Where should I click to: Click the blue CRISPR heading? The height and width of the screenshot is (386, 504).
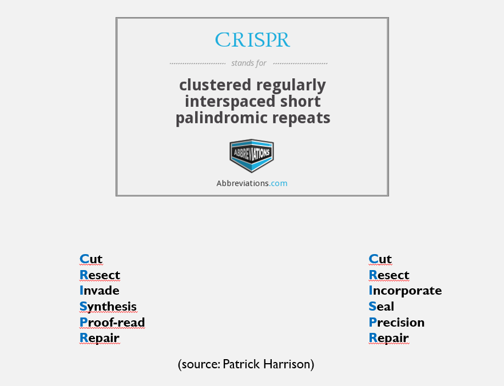tap(252, 40)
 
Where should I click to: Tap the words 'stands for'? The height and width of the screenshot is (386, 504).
tap(249, 63)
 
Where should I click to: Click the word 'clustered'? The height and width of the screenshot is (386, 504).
tap(215, 85)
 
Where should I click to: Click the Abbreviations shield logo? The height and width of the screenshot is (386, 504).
tap(252, 155)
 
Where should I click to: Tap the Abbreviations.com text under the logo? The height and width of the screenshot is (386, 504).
tap(252, 183)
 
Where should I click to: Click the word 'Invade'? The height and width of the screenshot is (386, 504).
tap(100, 291)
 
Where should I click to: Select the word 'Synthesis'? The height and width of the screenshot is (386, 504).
tap(108, 307)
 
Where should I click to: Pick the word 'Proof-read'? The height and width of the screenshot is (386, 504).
tap(112, 323)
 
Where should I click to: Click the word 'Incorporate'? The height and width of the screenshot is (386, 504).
tap(405, 291)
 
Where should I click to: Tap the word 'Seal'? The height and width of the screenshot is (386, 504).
tap(382, 307)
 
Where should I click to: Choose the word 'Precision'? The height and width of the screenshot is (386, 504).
tap(396, 323)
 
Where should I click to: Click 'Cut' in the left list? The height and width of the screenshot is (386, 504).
tap(91, 259)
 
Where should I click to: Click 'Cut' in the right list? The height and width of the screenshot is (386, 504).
tap(380, 259)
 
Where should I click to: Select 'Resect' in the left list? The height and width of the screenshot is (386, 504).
tap(100, 275)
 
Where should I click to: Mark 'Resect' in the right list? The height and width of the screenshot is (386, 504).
tap(389, 275)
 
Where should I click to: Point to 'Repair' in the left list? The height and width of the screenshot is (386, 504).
tap(100, 338)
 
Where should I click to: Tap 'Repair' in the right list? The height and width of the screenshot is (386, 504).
tap(388, 338)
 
